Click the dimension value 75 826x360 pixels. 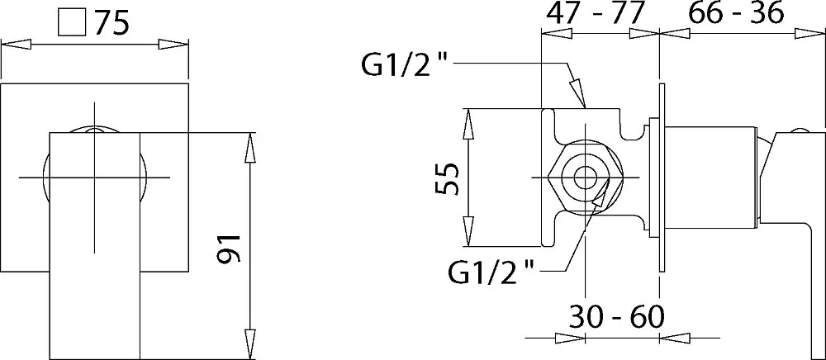click(x=112, y=23)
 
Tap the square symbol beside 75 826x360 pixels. click(x=72, y=23)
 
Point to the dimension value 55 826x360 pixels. click(x=447, y=179)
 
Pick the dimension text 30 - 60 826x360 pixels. click(x=616, y=316)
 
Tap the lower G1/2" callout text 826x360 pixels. click(x=491, y=272)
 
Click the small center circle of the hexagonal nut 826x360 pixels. click(x=584, y=178)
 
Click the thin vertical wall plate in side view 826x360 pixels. click(x=659, y=178)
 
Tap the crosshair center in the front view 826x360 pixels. click(x=95, y=178)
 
